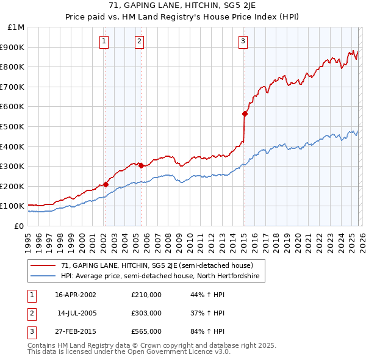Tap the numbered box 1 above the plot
pos(104,41)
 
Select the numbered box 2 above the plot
pos(140,41)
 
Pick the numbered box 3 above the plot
pos(243,41)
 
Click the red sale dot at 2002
pos(106,184)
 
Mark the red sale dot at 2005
pos(141,165)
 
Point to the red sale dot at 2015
pos(245,113)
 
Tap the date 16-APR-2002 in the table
pos(76,295)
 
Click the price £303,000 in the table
pos(146,313)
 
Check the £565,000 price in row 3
pos(146,331)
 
